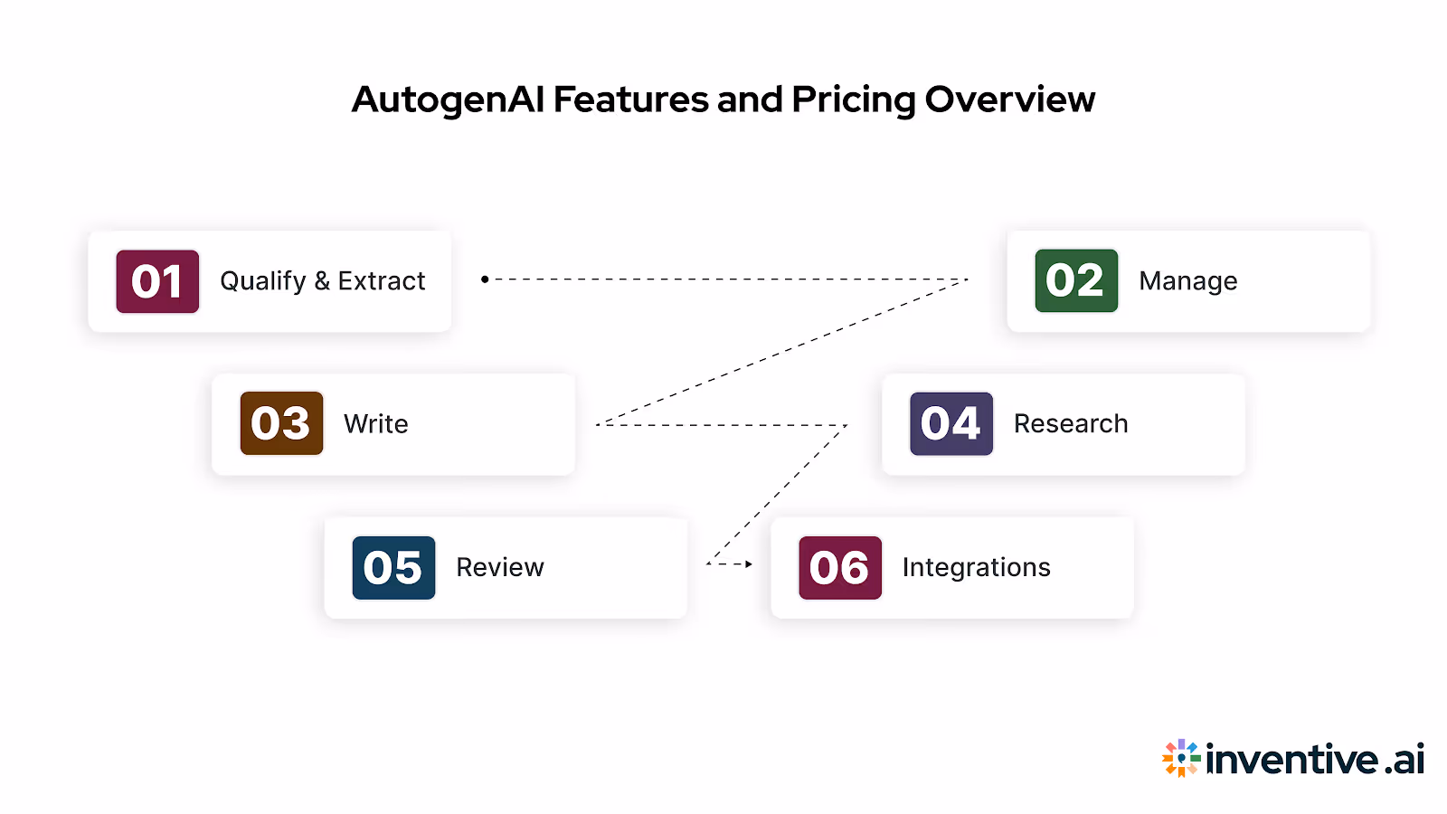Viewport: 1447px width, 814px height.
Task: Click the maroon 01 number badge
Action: pos(157,281)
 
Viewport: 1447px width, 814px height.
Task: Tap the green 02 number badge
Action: pos(1076,280)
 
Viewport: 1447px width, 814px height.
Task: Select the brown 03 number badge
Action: pos(281,423)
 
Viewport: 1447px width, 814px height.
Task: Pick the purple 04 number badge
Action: pos(951,423)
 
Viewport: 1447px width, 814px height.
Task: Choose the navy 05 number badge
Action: pos(393,568)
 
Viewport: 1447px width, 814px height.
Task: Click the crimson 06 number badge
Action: pos(839,568)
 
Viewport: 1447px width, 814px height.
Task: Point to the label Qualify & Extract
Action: pos(322,281)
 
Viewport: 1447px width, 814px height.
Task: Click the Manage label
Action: pos(1187,281)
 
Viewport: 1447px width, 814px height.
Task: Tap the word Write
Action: pos(375,424)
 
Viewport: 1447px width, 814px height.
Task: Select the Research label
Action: pos(1070,423)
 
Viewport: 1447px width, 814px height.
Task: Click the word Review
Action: pos(499,567)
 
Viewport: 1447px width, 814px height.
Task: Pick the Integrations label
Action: pos(976,567)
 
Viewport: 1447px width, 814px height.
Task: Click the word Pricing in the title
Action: pos(854,100)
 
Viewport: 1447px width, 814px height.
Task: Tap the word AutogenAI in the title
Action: pos(448,100)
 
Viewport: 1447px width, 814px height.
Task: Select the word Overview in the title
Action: pos(1009,99)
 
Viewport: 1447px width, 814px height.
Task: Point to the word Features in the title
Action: pos(630,99)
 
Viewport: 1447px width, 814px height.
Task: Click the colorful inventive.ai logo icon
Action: pos(1181,758)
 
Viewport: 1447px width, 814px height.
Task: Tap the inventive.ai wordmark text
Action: pos(1315,759)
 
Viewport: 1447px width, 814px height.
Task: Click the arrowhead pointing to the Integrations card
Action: pos(749,564)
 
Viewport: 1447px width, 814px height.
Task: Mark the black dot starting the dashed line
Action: pos(485,279)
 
